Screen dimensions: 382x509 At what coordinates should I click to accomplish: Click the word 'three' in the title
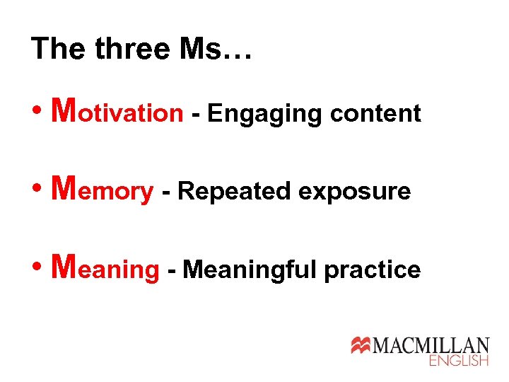133,49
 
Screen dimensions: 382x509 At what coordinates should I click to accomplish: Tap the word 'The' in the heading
59,49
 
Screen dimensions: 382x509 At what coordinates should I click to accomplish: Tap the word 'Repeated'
235,190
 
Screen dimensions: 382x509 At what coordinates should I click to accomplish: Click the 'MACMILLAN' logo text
431,345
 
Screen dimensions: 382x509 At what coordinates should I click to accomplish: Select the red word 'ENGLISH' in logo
459,361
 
